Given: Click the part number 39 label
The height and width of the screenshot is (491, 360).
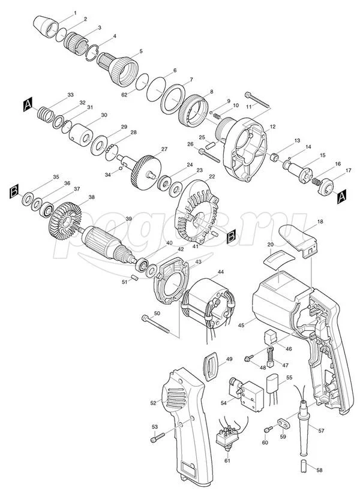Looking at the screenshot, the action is pyautogui.click(x=128, y=219).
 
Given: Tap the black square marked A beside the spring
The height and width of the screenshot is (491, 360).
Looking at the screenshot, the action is pyautogui.click(x=28, y=104).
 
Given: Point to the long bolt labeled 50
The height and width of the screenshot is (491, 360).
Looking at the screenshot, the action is pyautogui.click(x=155, y=324).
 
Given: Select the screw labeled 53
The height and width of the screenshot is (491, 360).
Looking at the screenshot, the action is pyautogui.click(x=158, y=438).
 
